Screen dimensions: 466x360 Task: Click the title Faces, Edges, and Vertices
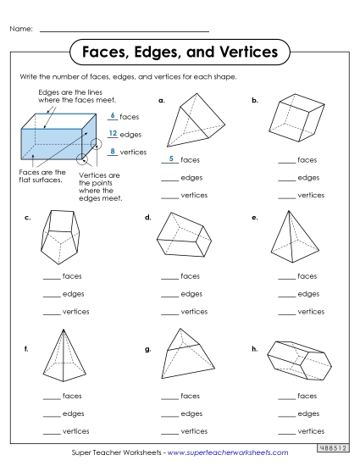179,53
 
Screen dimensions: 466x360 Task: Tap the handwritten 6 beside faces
113,115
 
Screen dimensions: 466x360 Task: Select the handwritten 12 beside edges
113,133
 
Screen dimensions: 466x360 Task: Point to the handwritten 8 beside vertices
113,151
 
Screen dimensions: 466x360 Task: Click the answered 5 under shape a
171,159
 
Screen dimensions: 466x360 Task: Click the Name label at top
21,30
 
